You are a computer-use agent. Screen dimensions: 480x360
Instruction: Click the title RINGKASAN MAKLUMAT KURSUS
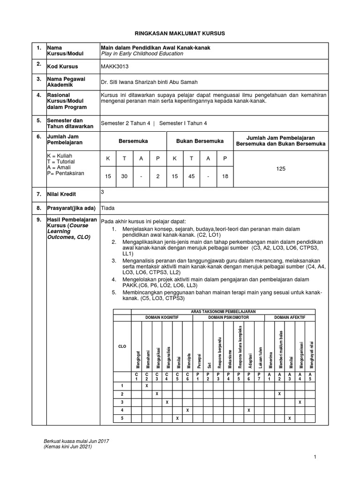180,34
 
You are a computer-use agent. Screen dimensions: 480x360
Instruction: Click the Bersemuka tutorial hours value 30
124,176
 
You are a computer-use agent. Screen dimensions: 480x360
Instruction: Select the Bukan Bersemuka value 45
191,176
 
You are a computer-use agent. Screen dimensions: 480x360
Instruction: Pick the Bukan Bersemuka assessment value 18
225,176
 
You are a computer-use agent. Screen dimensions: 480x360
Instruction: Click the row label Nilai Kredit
61,194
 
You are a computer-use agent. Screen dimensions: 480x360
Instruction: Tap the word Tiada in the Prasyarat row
108,208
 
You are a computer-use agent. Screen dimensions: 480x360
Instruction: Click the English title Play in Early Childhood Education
142,54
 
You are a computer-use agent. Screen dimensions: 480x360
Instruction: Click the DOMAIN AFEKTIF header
290,317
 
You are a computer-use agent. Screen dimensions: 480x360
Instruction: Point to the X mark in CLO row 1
146,385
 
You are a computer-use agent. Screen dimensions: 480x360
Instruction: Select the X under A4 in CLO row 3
300,402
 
